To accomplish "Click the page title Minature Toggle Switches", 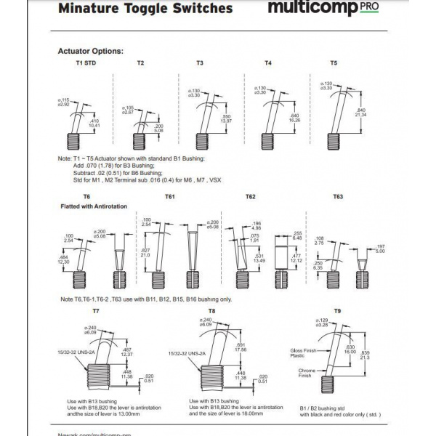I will [x=145, y=9].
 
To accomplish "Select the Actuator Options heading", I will [x=90, y=52].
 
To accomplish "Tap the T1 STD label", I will [x=86, y=63].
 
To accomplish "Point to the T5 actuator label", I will [x=334, y=63].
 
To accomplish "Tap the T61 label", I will [x=169, y=197].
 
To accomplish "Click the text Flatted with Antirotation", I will [x=94, y=207].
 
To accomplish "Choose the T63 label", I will [x=338, y=197].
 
